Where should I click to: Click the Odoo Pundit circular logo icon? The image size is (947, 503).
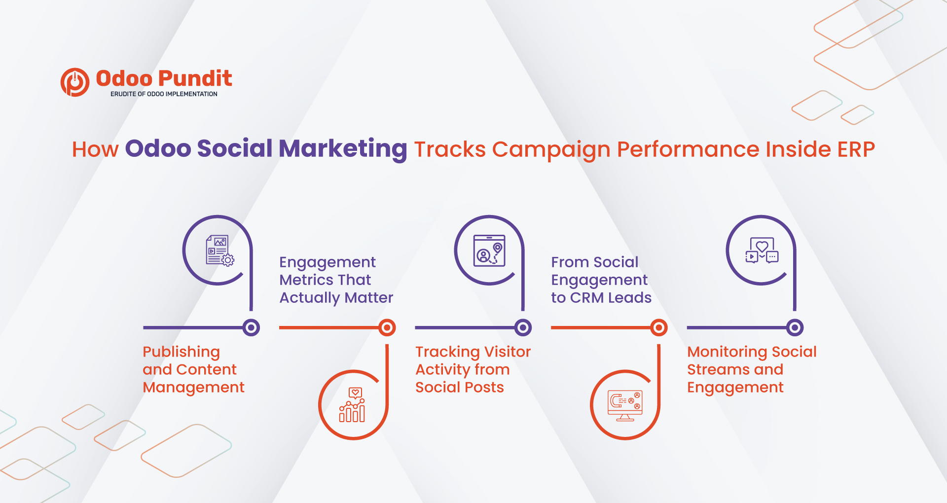75,82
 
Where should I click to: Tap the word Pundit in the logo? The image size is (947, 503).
195,78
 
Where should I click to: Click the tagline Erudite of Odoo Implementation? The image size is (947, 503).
164,94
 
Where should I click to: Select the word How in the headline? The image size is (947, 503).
95,149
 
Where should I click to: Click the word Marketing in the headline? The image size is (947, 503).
343,149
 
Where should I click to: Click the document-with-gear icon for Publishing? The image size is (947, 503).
219,251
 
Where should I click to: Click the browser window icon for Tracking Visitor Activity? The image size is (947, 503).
489,251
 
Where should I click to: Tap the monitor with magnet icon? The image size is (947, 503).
625,405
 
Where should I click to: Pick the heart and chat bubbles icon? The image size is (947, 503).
762,251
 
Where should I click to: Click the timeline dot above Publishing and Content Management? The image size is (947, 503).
251,327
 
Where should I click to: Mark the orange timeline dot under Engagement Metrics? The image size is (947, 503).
387,327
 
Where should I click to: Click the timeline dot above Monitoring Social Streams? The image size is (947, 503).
795,327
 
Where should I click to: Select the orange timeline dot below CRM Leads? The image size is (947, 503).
659,327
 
